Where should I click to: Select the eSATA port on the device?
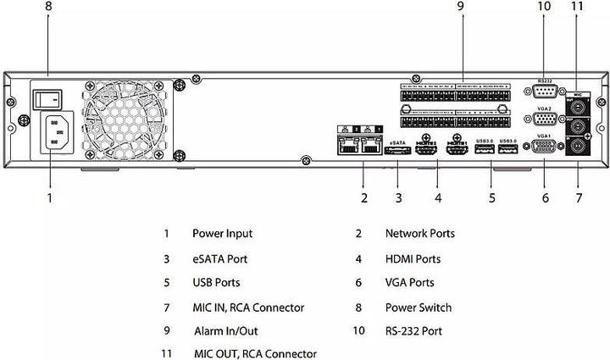coord(396,152)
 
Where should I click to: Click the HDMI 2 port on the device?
coord(426,152)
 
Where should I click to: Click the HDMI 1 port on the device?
coord(457,152)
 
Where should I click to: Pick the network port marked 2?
coord(347,147)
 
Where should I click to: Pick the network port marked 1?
coord(369,147)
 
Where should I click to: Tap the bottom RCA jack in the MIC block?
coord(579,147)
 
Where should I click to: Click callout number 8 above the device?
coord(48,7)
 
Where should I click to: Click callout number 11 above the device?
coord(578,7)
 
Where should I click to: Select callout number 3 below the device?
coord(397,198)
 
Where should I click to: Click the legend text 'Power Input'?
coord(222,233)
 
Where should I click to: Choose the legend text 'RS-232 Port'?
coord(413,331)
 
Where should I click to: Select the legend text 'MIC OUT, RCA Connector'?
coord(254,353)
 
